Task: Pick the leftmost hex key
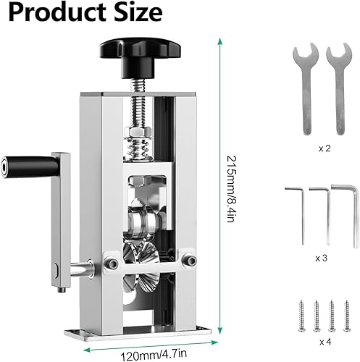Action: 297,206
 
